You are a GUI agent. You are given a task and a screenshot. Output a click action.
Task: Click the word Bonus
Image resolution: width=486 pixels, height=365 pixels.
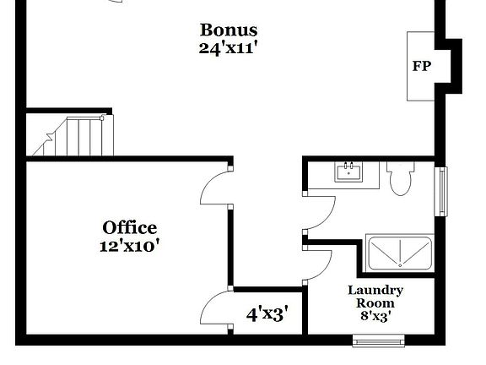point(228,30)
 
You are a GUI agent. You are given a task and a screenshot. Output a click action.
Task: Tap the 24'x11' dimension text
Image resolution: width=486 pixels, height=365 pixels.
point(228,48)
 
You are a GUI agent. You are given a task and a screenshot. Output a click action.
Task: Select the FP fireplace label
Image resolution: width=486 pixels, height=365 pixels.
point(421,66)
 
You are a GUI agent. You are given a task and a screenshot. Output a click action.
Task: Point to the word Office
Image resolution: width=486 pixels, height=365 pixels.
point(130,227)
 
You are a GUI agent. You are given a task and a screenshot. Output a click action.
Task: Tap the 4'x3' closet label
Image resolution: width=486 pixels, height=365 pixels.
point(267,314)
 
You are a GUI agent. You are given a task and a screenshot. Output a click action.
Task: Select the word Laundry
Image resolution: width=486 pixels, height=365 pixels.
point(375,290)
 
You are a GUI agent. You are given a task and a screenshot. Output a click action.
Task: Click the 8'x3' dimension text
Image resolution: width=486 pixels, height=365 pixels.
point(375,318)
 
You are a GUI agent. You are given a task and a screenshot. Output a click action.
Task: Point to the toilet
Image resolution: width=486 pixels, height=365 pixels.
point(401,177)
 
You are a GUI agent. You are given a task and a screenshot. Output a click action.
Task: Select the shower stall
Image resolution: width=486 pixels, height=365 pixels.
point(399,253)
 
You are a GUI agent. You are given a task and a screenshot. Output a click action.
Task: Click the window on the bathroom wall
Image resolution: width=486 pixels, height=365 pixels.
point(440,191)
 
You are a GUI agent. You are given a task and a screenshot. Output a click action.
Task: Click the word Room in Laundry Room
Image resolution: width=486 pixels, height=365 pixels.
point(375,303)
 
